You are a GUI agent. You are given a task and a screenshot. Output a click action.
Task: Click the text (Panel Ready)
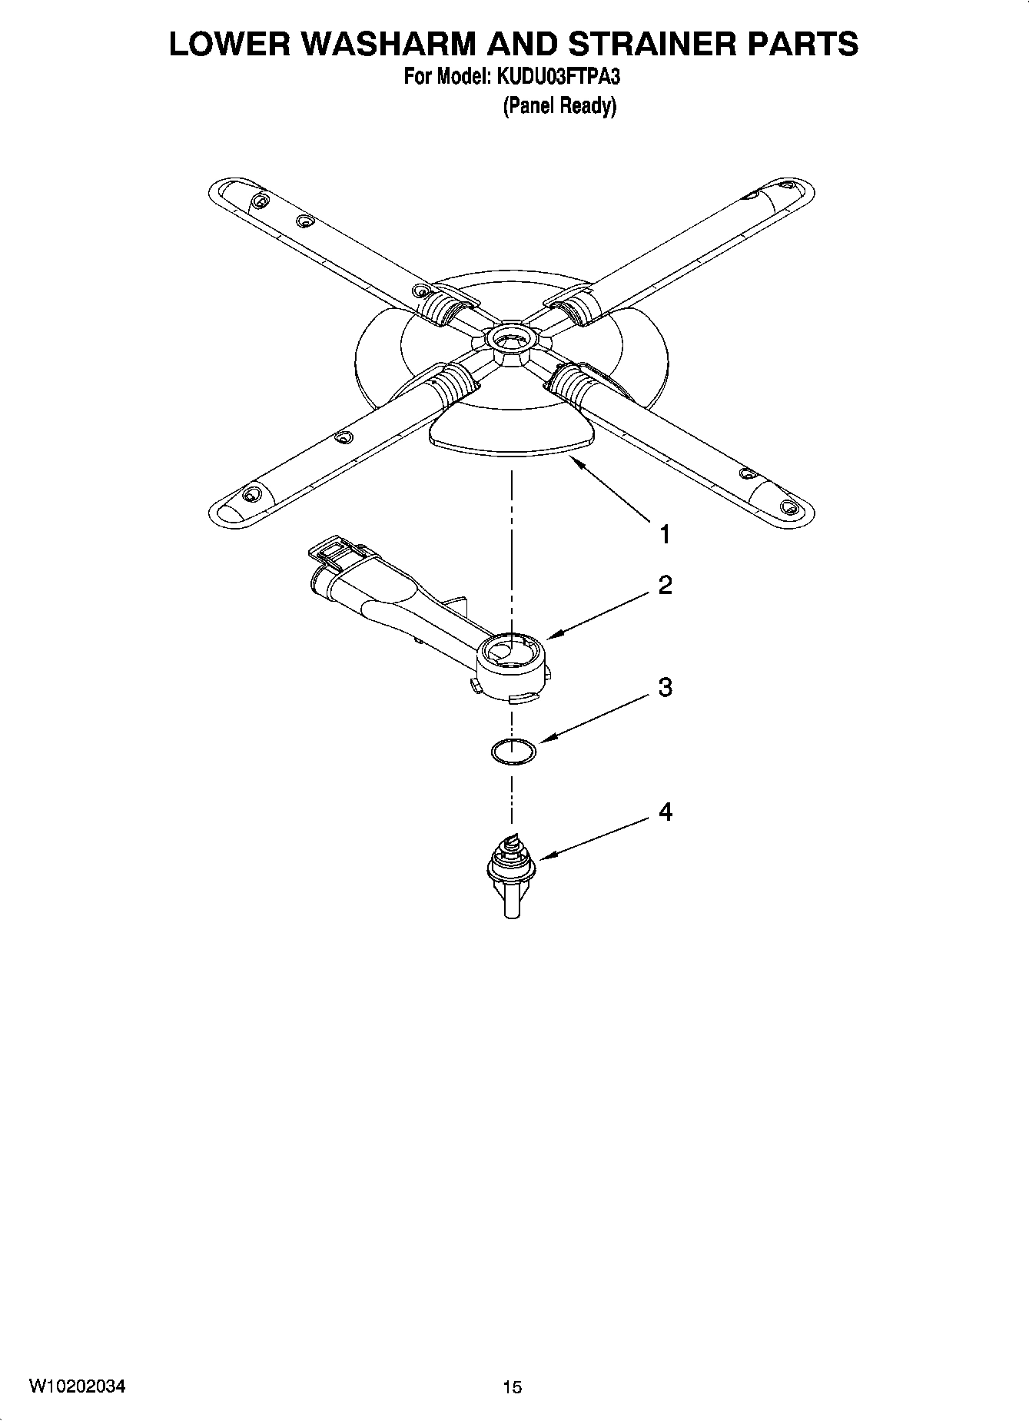coord(559,105)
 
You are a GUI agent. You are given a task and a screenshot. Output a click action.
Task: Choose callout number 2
coord(665,585)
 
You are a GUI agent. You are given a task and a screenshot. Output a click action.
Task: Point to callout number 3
coord(665,687)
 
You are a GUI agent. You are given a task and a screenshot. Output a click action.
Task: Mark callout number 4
coord(665,812)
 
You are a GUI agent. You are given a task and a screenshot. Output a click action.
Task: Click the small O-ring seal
coord(513,751)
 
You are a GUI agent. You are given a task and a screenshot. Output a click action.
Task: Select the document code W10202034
coord(78,1386)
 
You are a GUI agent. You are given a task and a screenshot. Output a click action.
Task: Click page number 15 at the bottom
coord(512,1386)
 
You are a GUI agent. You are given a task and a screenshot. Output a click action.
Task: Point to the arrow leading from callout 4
coord(595,838)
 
